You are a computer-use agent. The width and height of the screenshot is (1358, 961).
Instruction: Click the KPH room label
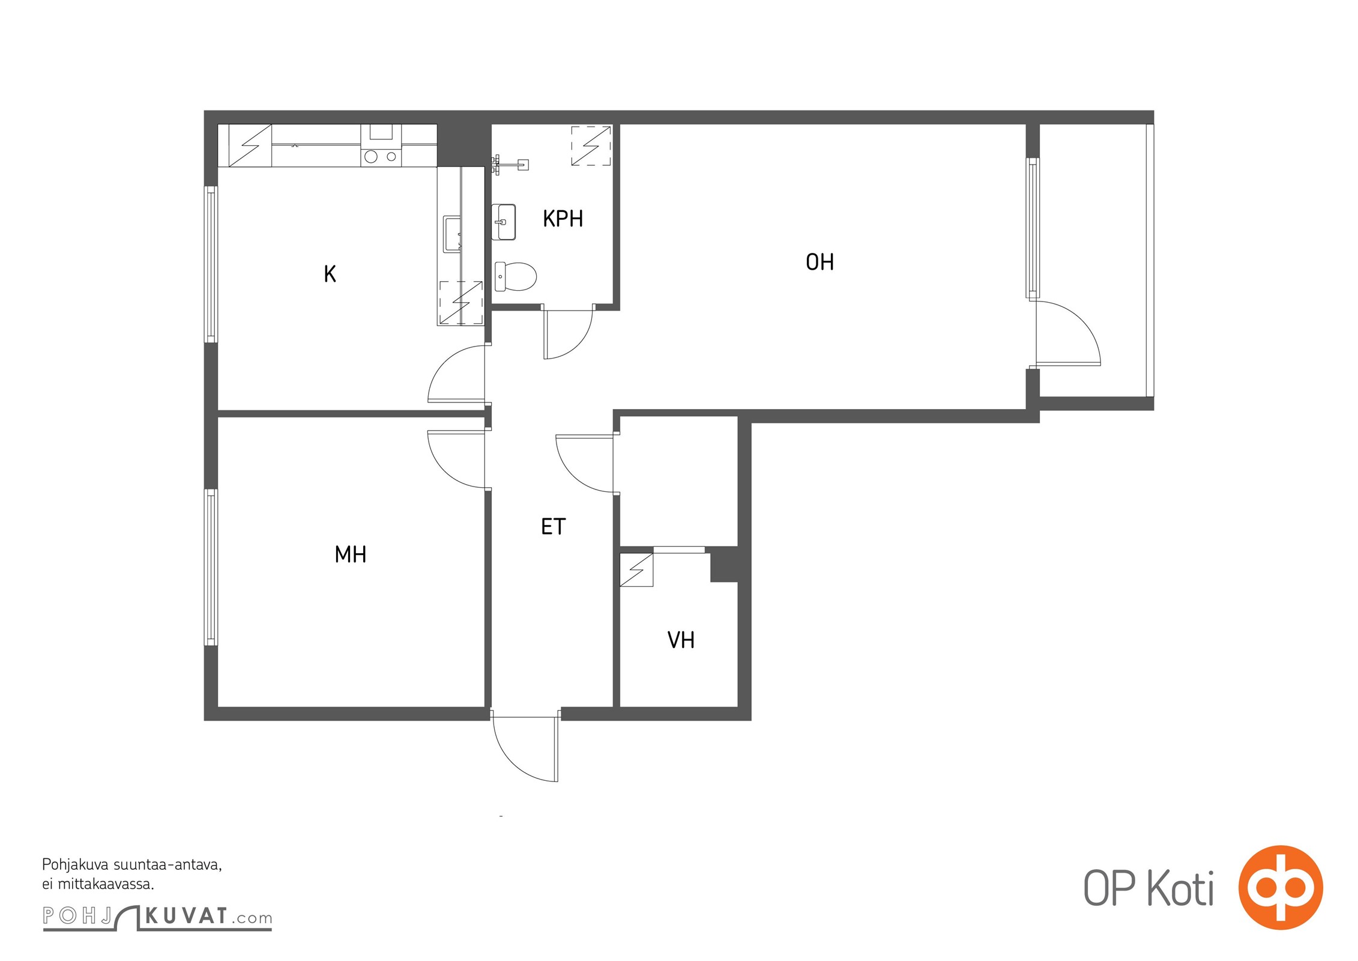point(563,219)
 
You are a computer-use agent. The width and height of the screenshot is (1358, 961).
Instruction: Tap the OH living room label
point(819,262)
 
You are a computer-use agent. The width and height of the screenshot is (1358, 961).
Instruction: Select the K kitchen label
point(330,274)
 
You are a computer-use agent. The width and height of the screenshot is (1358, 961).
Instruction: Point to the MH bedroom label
point(350,554)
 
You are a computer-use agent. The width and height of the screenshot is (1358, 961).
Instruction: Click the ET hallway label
point(553,527)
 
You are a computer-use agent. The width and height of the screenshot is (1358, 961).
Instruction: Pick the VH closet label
point(681,640)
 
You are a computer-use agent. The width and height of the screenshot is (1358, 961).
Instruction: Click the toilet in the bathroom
point(515,276)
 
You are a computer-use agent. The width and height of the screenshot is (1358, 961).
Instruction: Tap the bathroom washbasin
point(504,222)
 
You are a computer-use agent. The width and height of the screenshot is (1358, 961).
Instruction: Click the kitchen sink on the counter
point(452,234)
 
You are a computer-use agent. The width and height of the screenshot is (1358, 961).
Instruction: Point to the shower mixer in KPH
point(509,164)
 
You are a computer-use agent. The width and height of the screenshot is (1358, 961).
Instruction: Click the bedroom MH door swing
point(456,459)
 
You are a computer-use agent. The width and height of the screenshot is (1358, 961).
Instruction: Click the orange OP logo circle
point(1281,888)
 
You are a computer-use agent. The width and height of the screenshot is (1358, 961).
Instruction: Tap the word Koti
point(1180,889)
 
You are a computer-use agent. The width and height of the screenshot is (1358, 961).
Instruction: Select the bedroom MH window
point(211,567)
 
